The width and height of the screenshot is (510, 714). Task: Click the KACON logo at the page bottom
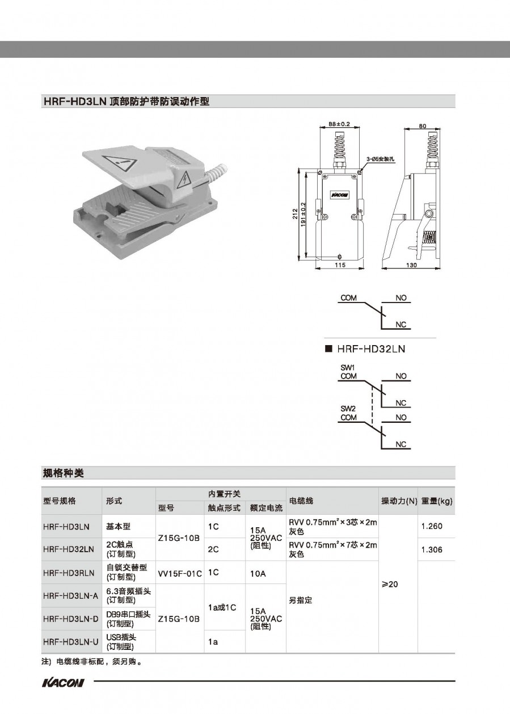63,683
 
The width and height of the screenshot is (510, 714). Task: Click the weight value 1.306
432,549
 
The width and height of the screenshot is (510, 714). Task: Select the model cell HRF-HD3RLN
69,573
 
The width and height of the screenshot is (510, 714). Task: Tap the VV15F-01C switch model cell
180,574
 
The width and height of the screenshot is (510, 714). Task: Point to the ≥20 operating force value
390,584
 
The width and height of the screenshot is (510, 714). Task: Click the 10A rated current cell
258,574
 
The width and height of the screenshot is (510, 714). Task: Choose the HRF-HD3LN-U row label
71,642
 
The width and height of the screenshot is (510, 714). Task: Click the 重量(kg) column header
437,501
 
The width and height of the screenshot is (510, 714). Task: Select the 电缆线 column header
301,501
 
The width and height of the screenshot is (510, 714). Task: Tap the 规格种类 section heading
63,473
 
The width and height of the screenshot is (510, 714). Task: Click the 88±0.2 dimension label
339,124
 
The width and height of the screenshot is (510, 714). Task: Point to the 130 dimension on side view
411,265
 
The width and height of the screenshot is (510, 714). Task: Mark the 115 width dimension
340,265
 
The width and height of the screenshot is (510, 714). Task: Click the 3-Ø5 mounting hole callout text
380,159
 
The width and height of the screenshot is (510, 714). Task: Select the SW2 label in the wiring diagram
348,408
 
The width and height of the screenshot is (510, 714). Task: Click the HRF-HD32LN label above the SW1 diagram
371,349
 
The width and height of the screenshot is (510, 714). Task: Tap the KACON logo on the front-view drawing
340,195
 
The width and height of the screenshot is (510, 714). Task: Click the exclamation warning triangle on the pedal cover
120,164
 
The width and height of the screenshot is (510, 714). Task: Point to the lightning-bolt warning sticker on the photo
184,179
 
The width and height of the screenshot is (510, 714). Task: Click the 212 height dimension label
296,214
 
